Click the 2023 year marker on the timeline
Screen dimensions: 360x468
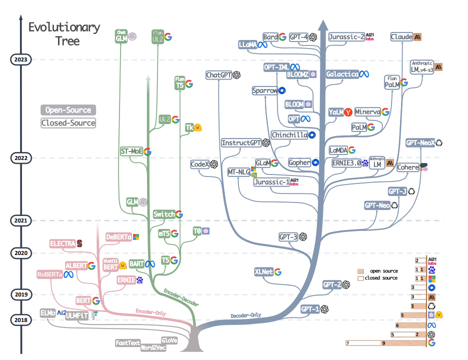click(x=21, y=59)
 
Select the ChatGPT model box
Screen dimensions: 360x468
click(x=219, y=75)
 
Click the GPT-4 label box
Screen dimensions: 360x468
click(x=298, y=36)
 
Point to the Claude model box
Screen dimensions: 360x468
click(x=401, y=36)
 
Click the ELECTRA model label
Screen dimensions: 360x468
click(x=62, y=243)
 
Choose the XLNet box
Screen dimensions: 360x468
click(x=263, y=272)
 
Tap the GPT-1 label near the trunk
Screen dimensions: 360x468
click(x=310, y=309)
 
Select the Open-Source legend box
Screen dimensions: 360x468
click(x=68, y=110)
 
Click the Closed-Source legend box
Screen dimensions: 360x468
click(x=68, y=122)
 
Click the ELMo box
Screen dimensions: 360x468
click(x=48, y=313)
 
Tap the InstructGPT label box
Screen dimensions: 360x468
click(x=241, y=143)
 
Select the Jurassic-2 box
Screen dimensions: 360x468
click(x=346, y=36)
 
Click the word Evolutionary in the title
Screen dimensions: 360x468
click(x=64, y=27)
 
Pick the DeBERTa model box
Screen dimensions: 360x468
click(x=118, y=236)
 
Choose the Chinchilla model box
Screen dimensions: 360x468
click(x=289, y=135)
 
